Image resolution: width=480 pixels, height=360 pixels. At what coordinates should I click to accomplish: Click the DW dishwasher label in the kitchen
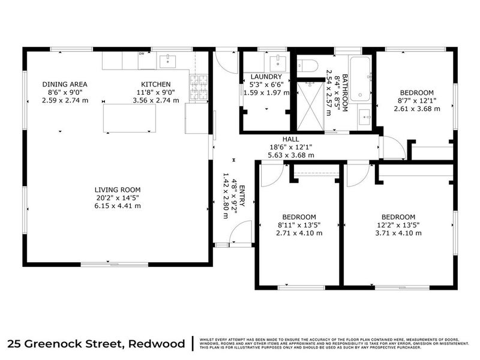coord(142,53)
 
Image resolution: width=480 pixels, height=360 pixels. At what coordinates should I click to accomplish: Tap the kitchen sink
coord(166,59)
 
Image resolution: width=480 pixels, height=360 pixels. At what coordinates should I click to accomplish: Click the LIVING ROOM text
coord(117,190)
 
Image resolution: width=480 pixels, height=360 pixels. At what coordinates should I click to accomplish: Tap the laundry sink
coord(277,62)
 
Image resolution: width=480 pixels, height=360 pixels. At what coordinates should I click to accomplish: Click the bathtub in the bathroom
coord(360,78)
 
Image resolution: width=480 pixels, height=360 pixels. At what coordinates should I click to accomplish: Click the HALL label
coord(291,139)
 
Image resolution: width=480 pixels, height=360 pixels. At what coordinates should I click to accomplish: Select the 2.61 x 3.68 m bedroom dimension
coord(417,109)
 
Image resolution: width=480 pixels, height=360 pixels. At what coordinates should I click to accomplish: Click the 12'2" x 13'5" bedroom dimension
coord(398,225)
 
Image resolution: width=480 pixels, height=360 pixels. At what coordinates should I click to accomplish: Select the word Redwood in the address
coord(157,344)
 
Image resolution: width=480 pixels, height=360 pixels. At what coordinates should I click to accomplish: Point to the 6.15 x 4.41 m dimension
coord(117,206)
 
